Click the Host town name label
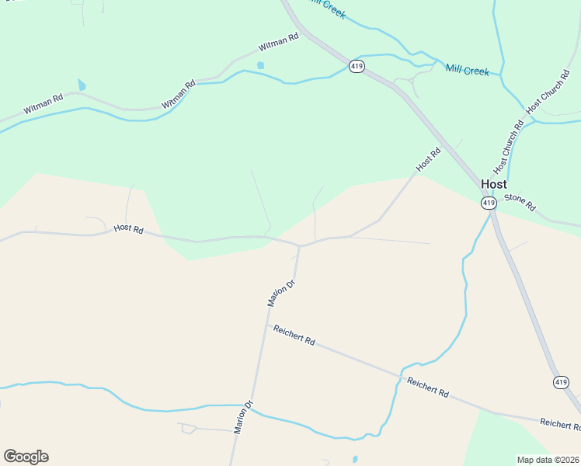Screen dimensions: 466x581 tap(494, 184)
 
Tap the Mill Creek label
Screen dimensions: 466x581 tap(467, 71)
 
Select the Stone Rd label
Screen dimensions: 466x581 tap(520, 202)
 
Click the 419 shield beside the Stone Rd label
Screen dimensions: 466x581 tap(488, 203)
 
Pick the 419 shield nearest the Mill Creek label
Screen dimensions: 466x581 tap(356, 66)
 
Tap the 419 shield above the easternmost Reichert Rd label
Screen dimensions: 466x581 tap(561, 381)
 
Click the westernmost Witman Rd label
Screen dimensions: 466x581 tap(43, 105)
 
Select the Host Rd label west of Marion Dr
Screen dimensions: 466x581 tap(129, 229)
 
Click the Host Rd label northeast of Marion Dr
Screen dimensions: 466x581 tap(428, 160)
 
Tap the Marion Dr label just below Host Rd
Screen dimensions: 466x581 tap(282, 294)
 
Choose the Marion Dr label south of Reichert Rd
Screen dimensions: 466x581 tap(244, 417)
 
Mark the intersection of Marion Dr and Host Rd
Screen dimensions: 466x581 tap(300, 245)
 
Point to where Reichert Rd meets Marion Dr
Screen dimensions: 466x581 tap(268, 325)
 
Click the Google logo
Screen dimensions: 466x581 tap(26, 457)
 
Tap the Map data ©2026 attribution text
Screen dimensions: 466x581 tap(548, 460)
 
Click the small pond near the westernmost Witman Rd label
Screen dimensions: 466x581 tap(82, 85)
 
